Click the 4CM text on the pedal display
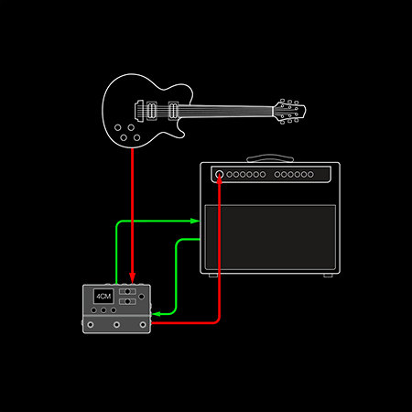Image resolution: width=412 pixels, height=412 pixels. pos(103,297)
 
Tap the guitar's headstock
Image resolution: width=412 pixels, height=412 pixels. pos(289,111)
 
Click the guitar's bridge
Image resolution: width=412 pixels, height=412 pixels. pos(139,109)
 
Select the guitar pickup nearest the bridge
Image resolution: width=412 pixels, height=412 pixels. pos(152,111)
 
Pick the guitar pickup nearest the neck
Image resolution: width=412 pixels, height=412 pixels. pos(173,111)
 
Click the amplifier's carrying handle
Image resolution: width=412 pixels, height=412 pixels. pos(270,158)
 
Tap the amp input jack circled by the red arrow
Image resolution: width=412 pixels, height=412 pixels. pos(220,174)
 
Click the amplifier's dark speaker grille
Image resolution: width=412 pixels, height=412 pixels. pos(270,237)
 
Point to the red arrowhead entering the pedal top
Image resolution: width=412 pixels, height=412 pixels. pos(132,277)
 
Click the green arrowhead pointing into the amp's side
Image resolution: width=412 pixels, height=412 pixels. pos(195,221)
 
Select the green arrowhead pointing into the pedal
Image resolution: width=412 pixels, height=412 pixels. pos(157,314)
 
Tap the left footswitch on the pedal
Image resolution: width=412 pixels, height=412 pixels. pos(91,325)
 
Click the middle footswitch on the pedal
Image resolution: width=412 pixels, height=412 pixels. pos(116,325)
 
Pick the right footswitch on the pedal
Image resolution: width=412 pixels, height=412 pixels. pos(143,325)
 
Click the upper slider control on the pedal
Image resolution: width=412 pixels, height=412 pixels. pos(127,291)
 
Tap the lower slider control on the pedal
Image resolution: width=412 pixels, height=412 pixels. pos(127,301)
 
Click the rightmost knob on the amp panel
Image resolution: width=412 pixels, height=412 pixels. pos(310,174)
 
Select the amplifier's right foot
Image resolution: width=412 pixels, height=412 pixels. pos(328,276)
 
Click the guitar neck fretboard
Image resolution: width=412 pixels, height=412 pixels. pos(225,111)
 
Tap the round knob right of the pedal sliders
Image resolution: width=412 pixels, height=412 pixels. pos(141,297)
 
